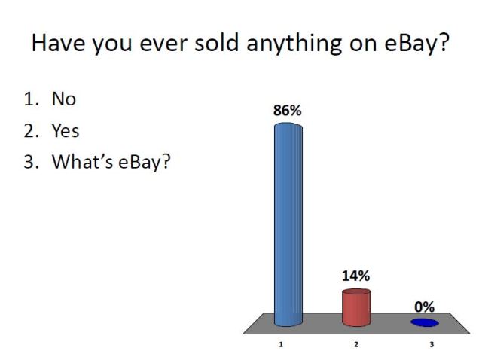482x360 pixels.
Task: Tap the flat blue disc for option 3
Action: click(x=425, y=322)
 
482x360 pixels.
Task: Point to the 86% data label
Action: click(x=287, y=111)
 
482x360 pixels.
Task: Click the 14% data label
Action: click(x=355, y=276)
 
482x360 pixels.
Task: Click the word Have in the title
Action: click(x=56, y=44)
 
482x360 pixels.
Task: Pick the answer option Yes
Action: click(x=65, y=130)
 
